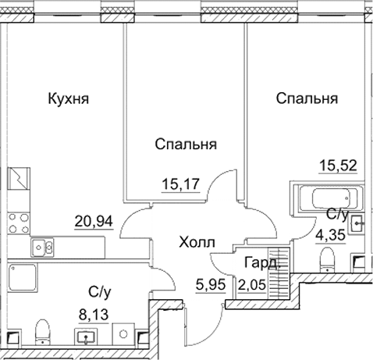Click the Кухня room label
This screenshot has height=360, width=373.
(69, 99)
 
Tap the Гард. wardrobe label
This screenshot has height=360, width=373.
(259, 263)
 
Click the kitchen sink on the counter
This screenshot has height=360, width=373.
(43, 248)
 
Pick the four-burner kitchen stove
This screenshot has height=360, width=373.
(17, 219)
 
